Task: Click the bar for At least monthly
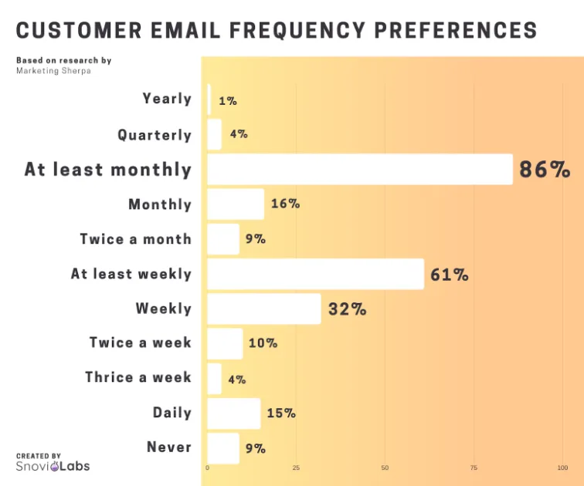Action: pyautogui.click(x=360, y=169)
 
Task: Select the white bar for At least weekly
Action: pyautogui.click(x=315, y=274)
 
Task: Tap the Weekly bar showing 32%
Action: pyautogui.click(x=264, y=309)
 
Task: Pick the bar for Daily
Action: pyautogui.click(x=234, y=413)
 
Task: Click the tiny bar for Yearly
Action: pyautogui.click(x=209, y=100)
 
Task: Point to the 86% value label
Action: pyautogui.click(x=545, y=170)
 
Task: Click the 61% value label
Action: pyautogui.click(x=450, y=275)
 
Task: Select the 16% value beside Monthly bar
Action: pyautogui.click(x=285, y=204)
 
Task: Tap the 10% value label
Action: pyautogui.click(x=263, y=343)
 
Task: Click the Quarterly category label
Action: pyautogui.click(x=154, y=135)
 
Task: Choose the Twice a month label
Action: pyautogui.click(x=135, y=239)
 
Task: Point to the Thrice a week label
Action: pyautogui.click(x=138, y=377)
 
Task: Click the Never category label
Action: pyautogui.click(x=169, y=447)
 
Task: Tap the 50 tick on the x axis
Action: pyautogui.click(x=385, y=468)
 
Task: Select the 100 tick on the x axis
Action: pyautogui.click(x=562, y=468)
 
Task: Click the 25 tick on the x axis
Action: pyautogui.click(x=296, y=468)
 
